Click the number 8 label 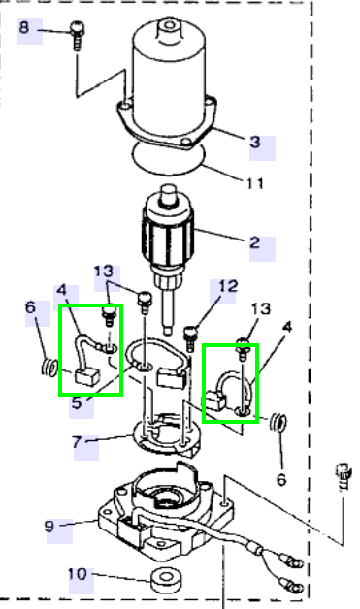[24, 28]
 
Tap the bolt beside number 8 [77, 36]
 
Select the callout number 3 [255, 142]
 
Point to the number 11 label [255, 183]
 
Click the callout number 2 [254, 242]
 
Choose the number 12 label [228, 286]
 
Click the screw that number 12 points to [190, 339]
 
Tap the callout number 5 [77, 402]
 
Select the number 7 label [78, 442]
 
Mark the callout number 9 [49, 527]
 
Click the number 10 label [78, 574]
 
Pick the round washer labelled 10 [166, 580]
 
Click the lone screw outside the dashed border [344, 475]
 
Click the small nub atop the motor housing [170, 26]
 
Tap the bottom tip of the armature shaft [168, 332]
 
